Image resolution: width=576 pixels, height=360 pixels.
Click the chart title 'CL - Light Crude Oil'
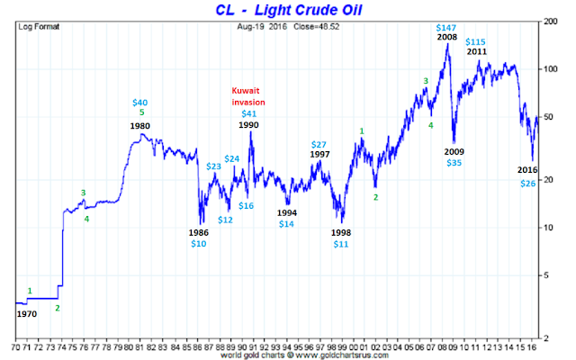[x=287, y=11]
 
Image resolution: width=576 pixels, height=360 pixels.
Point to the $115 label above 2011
[x=476, y=42]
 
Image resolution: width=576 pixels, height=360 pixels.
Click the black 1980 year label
[x=139, y=126]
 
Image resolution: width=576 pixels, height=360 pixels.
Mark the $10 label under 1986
[x=199, y=244]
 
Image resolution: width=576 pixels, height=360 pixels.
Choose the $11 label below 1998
[x=341, y=244]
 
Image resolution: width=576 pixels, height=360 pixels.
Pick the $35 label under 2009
[x=454, y=163]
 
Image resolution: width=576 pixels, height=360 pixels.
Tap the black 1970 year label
[x=28, y=315]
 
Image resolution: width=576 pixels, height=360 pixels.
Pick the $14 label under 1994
[x=286, y=223]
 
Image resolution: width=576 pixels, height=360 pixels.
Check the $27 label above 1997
[x=319, y=144]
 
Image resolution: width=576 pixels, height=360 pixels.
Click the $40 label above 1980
[x=141, y=102]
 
